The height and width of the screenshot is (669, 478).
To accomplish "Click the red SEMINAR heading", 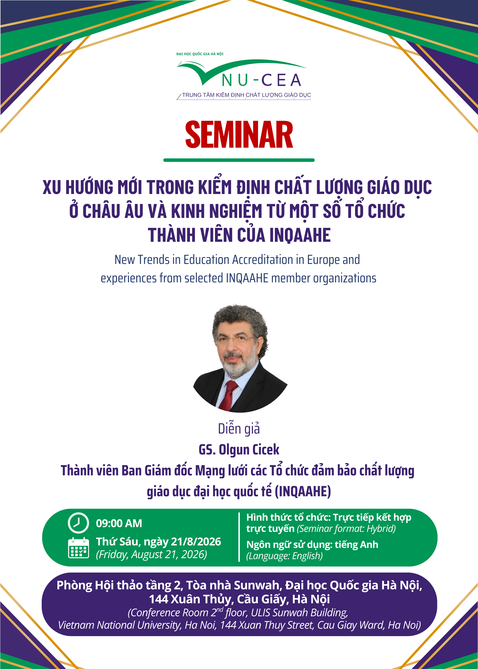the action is tap(239, 135).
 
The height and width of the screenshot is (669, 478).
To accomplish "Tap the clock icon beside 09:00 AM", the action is tap(78, 523).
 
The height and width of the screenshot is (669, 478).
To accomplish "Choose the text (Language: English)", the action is tap(284, 556).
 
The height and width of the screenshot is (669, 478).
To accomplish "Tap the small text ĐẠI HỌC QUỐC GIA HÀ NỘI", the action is tap(200, 54).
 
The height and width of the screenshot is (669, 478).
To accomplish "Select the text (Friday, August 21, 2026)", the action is tap(151, 555).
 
